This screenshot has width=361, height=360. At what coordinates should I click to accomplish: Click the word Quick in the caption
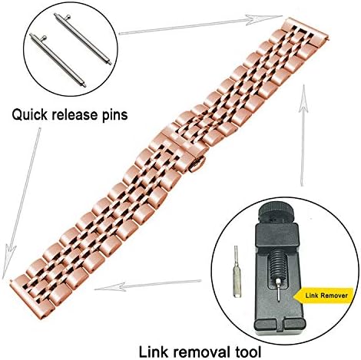(x=30, y=114)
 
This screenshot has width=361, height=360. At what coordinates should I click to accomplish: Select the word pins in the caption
(x=113, y=115)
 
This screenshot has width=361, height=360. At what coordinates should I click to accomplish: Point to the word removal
(x=200, y=352)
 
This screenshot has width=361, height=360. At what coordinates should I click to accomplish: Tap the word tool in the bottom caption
(x=247, y=352)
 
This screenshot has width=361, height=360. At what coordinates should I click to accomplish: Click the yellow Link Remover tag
(x=324, y=296)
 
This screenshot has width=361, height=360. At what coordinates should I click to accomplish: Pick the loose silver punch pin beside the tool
(x=236, y=271)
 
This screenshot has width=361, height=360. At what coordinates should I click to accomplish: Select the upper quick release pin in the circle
(x=83, y=38)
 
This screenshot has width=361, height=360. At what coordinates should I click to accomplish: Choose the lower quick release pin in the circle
(x=57, y=61)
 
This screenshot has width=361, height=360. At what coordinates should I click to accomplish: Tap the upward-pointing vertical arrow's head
(x=304, y=98)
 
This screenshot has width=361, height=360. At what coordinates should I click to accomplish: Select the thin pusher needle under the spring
(x=278, y=291)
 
